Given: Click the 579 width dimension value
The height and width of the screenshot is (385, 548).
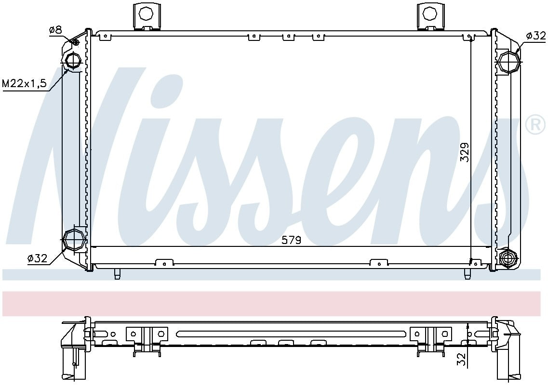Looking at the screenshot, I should [x=292, y=240].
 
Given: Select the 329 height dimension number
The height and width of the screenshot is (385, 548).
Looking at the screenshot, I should [x=464, y=152].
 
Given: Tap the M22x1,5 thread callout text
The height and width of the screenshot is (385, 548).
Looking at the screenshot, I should [x=25, y=83].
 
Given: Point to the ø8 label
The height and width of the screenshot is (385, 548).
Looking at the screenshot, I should [x=55, y=30].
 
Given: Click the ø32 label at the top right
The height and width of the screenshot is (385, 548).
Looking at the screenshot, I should [x=535, y=35].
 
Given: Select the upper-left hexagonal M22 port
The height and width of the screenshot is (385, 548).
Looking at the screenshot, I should [x=73, y=61].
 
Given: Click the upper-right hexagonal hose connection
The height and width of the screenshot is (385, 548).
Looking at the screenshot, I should [x=509, y=62].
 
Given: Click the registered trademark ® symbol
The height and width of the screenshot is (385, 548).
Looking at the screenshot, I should [x=534, y=125].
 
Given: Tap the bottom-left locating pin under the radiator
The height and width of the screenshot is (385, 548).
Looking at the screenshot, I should [x=117, y=274].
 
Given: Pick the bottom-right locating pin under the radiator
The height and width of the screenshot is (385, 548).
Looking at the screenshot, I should [x=467, y=274].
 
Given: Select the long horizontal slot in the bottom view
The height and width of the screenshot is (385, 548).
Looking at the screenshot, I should [x=291, y=334].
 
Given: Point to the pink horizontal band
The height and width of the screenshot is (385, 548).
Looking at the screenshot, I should [x=274, y=304].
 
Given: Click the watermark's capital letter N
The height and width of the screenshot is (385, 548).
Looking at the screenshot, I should [x=87, y=159].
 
